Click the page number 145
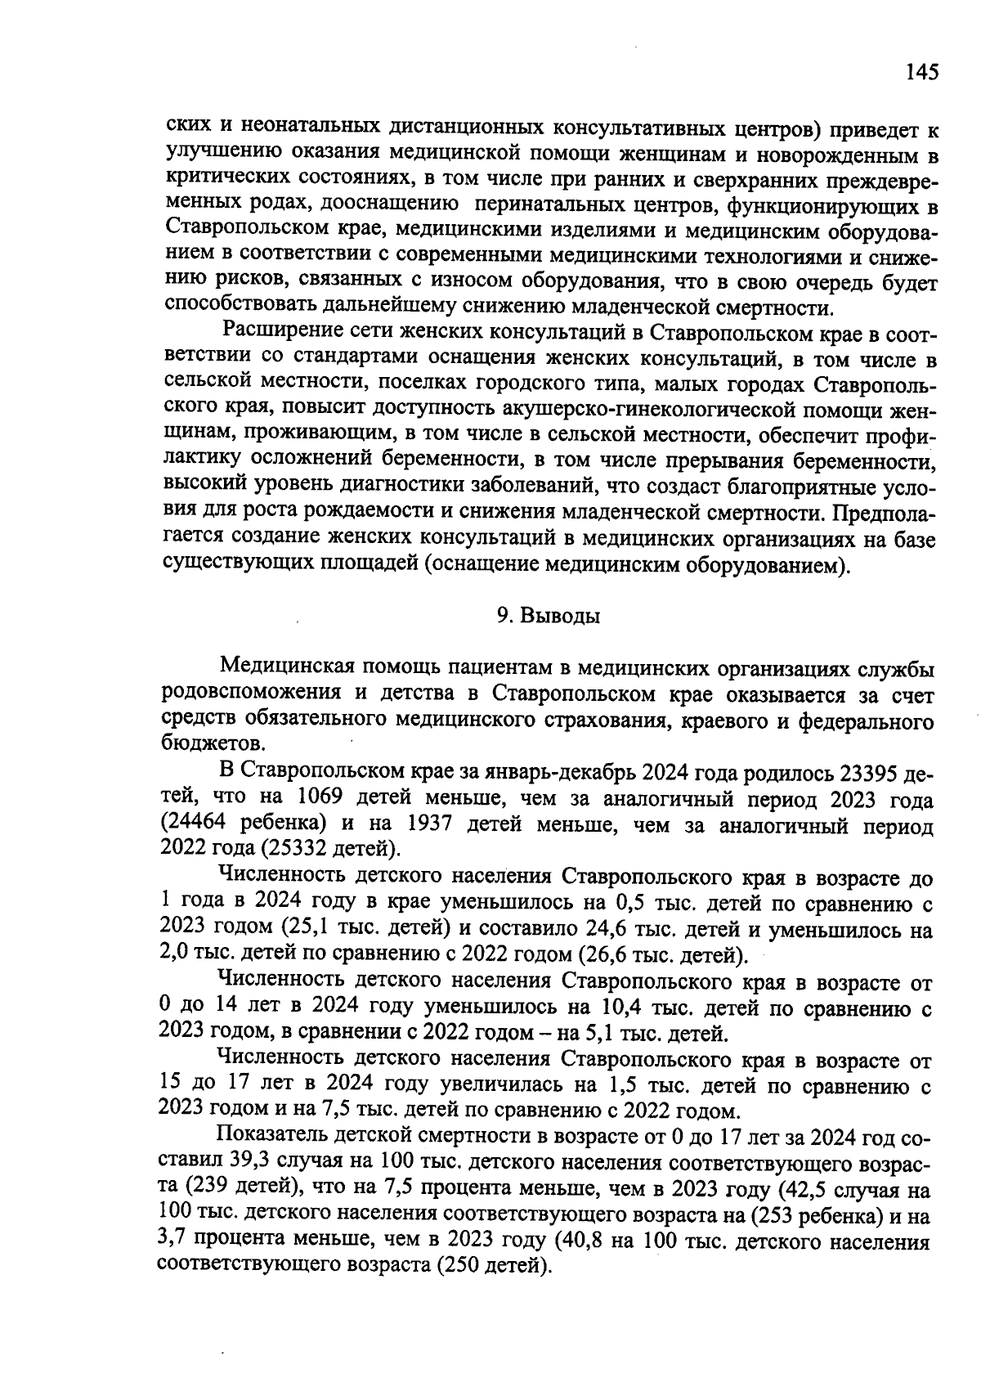click(x=921, y=72)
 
